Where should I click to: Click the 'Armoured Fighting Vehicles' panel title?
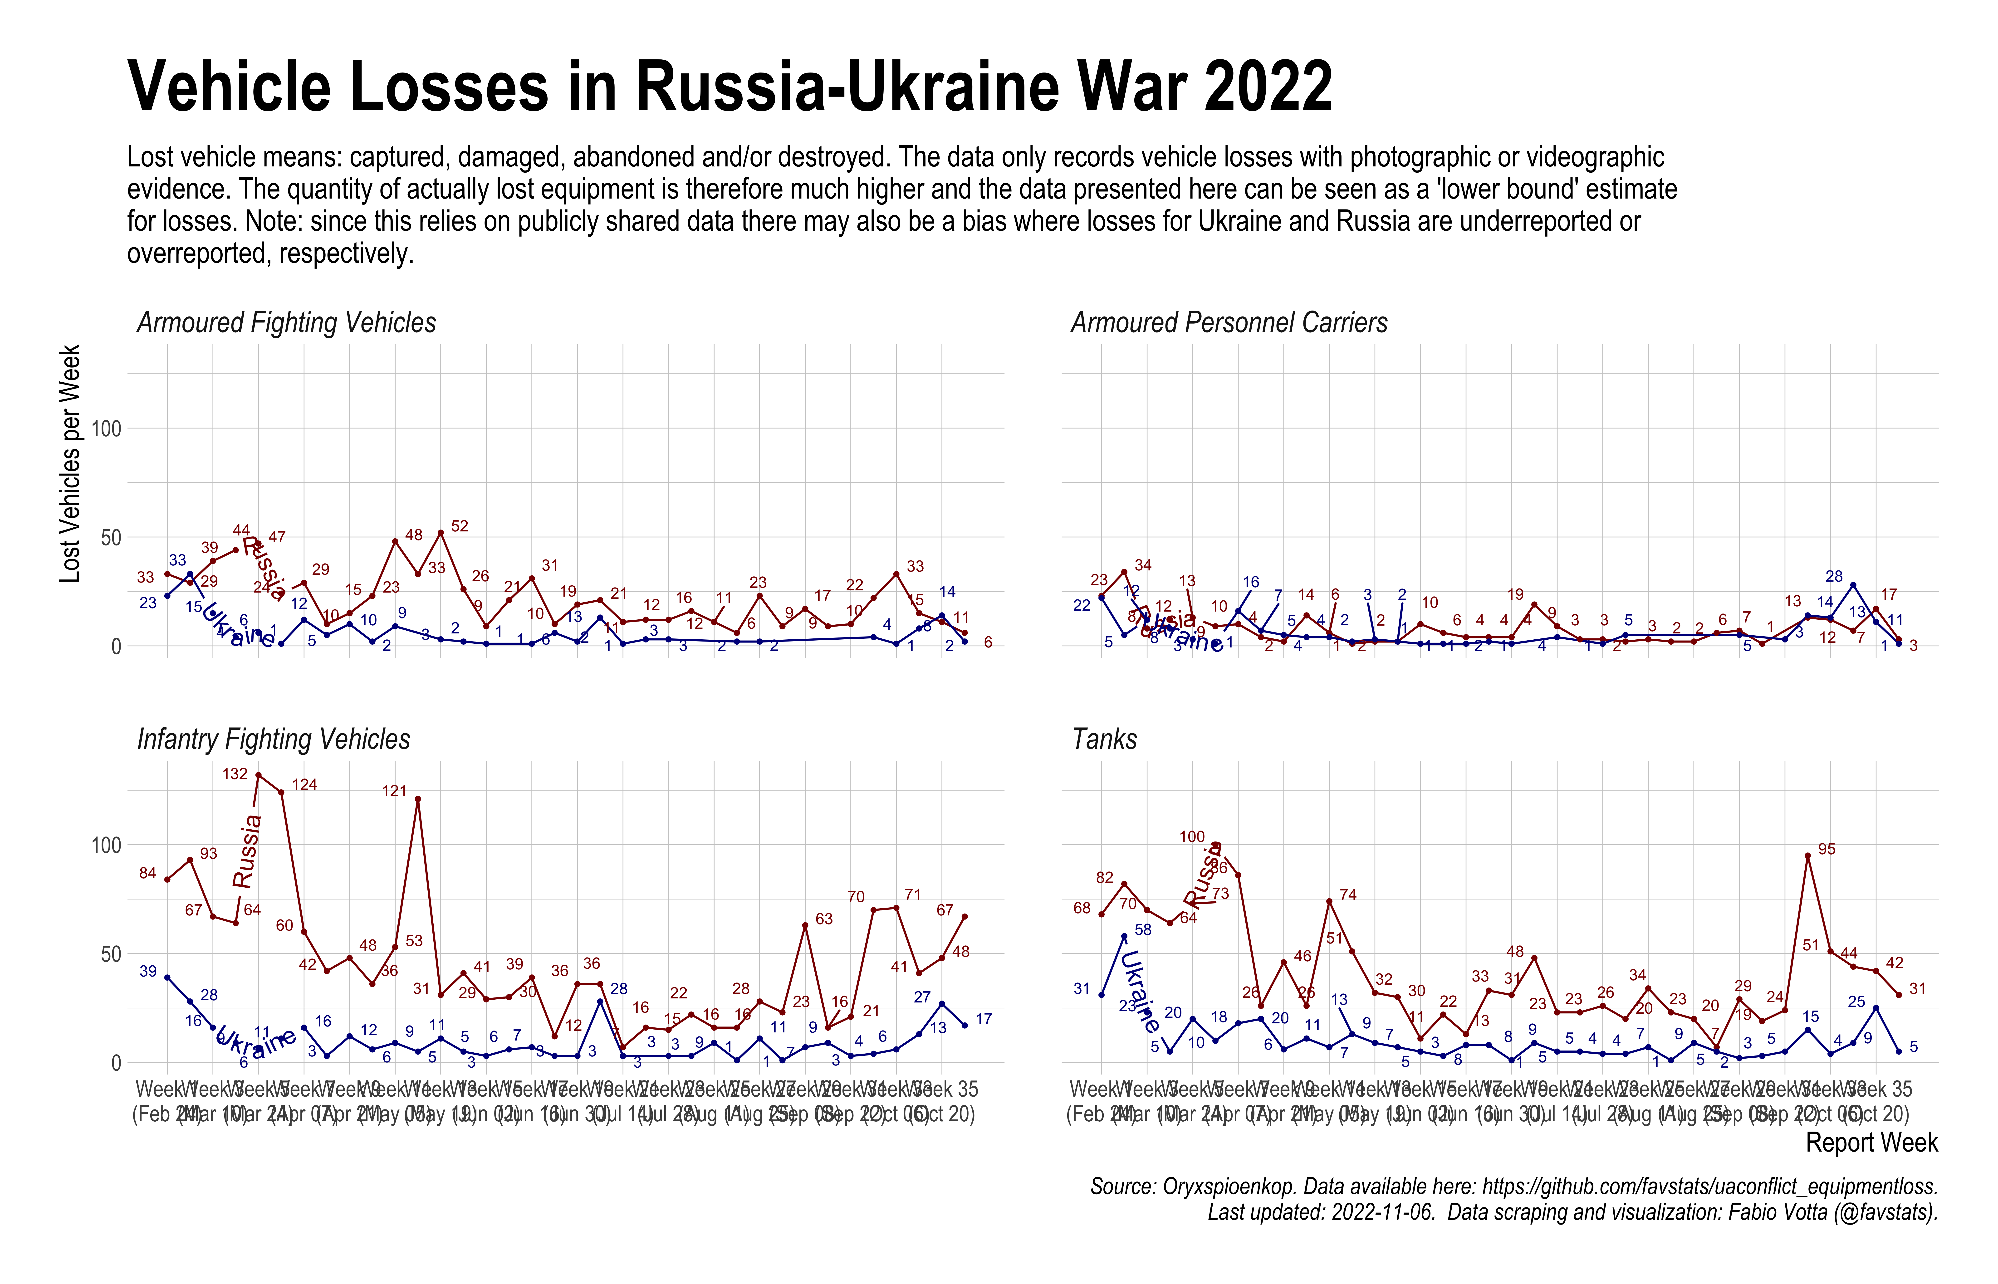pos(286,323)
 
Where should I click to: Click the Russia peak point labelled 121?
pos(418,799)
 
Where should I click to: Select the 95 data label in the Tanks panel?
pos(1826,849)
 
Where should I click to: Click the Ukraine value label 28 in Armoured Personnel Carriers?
pos(1834,576)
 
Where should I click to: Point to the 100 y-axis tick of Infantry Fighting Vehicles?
pos(106,845)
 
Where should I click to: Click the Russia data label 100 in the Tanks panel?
pos(1192,836)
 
